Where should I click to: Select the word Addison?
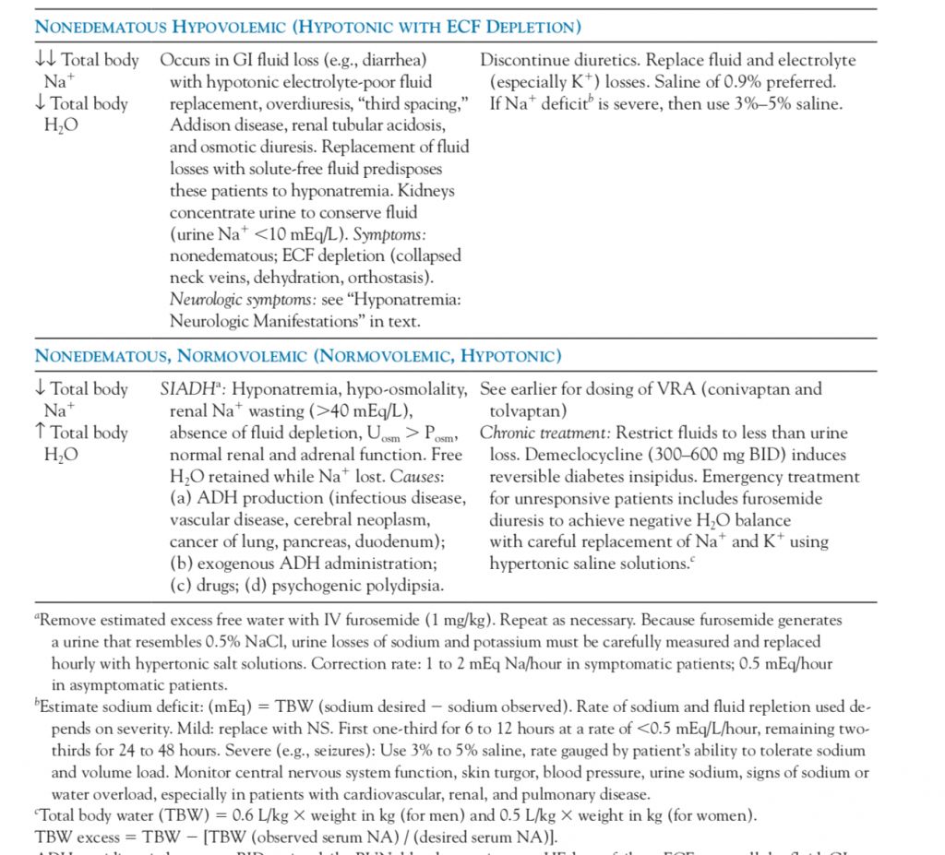[x=200, y=125]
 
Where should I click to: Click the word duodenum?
[x=416, y=541]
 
